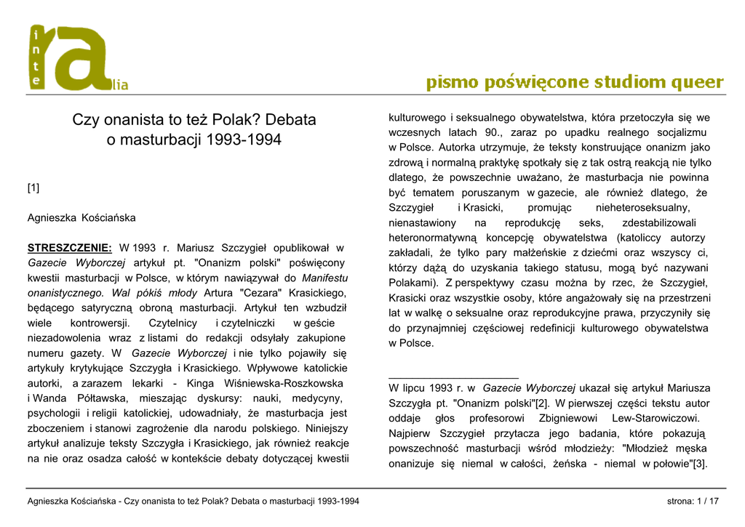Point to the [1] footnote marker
(x=33, y=188)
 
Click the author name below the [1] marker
(x=81, y=217)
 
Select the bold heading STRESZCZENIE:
(x=70, y=248)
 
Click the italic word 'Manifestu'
(x=324, y=278)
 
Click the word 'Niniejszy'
(x=327, y=428)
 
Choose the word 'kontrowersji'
(x=100, y=323)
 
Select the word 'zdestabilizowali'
(x=658, y=222)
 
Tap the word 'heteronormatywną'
(x=432, y=238)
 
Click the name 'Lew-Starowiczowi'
(x=656, y=418)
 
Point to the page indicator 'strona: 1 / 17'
(x=693, y=502)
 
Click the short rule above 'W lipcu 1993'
(x=453, y=378)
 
